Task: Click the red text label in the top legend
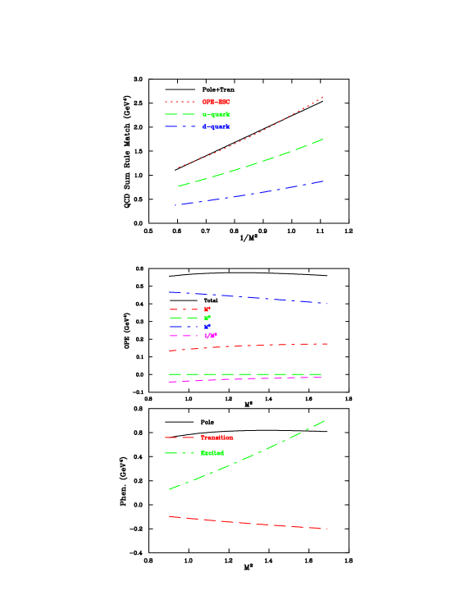coord(216,102)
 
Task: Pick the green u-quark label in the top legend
coord(216,114)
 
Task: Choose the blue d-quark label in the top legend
coord(216,127)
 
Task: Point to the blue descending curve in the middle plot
coord(246,297)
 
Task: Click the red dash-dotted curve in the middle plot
coord(246,346)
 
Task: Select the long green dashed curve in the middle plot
coord(246,374)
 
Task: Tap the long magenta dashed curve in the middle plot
coord(246,379)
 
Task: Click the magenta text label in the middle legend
coord(211,336)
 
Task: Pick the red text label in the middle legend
coord(207,309)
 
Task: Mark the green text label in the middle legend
coord(207,318)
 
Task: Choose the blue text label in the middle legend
coord(207,327)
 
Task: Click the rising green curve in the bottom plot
coord(246,456)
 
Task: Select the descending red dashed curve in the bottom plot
coord(246,523)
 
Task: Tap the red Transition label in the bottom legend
coord(217,438)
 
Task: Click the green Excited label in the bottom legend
coord(212,453)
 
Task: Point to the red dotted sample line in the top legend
coord(180,102)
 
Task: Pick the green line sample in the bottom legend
coord(180,453)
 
